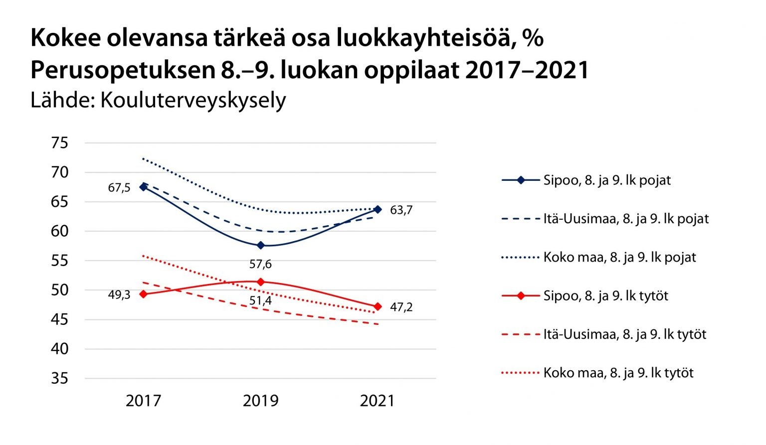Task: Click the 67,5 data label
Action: (119, 188)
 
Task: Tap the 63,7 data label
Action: (401, 210)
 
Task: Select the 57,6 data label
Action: (260, 264)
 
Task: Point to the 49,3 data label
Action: (119, 295)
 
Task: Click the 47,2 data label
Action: (401, 307)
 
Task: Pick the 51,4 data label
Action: (260, 300)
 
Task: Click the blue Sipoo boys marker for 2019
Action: (260, 245)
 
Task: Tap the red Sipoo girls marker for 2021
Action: (378, 306)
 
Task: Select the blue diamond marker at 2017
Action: (144, 187)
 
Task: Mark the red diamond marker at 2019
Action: (260, 282)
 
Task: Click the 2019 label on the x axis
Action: (260, 401)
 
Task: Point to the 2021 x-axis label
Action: (377, 401)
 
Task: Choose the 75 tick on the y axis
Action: (59, 143)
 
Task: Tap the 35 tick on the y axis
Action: (59, 378)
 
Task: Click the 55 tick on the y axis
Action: (59, 261)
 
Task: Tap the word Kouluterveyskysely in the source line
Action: (193, 100)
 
